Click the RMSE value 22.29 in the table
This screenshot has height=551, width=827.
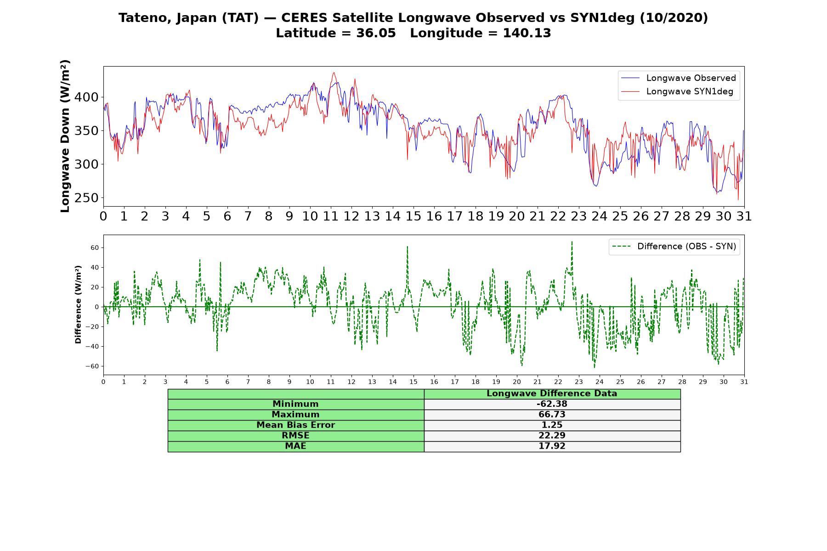pyautogui.click(x=552, y=435)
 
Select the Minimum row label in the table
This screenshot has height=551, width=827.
pyautogui.click(x=295, y=404)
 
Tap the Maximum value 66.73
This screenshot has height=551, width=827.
pyautogui.click(x=552, y=414)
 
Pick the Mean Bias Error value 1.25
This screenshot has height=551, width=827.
pyautogui.click(x=552, y=425)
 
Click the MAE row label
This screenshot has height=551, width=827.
pyautogui.click(x=295, y=446)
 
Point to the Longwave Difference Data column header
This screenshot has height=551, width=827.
pyautogui.click(x=552, y=394)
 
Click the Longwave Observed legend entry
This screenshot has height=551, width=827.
pyautogui.click(x=679, y=78)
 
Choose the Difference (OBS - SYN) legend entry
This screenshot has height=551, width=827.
pyautogui.click(x=674, y=247)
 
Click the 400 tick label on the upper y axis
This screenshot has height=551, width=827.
pyautogui.click(x=86, y=97)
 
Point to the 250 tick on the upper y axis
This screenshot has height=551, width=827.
pyautogui.click(x=86, y=198)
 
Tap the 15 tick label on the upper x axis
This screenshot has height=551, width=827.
pyautogui.click(x=413, y=216)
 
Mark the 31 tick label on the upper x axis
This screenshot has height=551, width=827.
pyautogui.click(x=744, y=216)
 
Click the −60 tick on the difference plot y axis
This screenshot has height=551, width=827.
pyautogui.click(x=92, y=366)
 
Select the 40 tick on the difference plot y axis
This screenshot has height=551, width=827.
pyautogui.click(x=95, y=267)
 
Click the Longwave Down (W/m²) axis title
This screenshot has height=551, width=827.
pyautogui.click(x=65, y=136)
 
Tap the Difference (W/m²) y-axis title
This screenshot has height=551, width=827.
pyautogui.click(x=78, y=304)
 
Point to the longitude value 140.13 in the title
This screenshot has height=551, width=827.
pyautogui.click(x=527, y=33)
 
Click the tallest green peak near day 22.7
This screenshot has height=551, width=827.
pyautogui.click(x=572, y=242)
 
